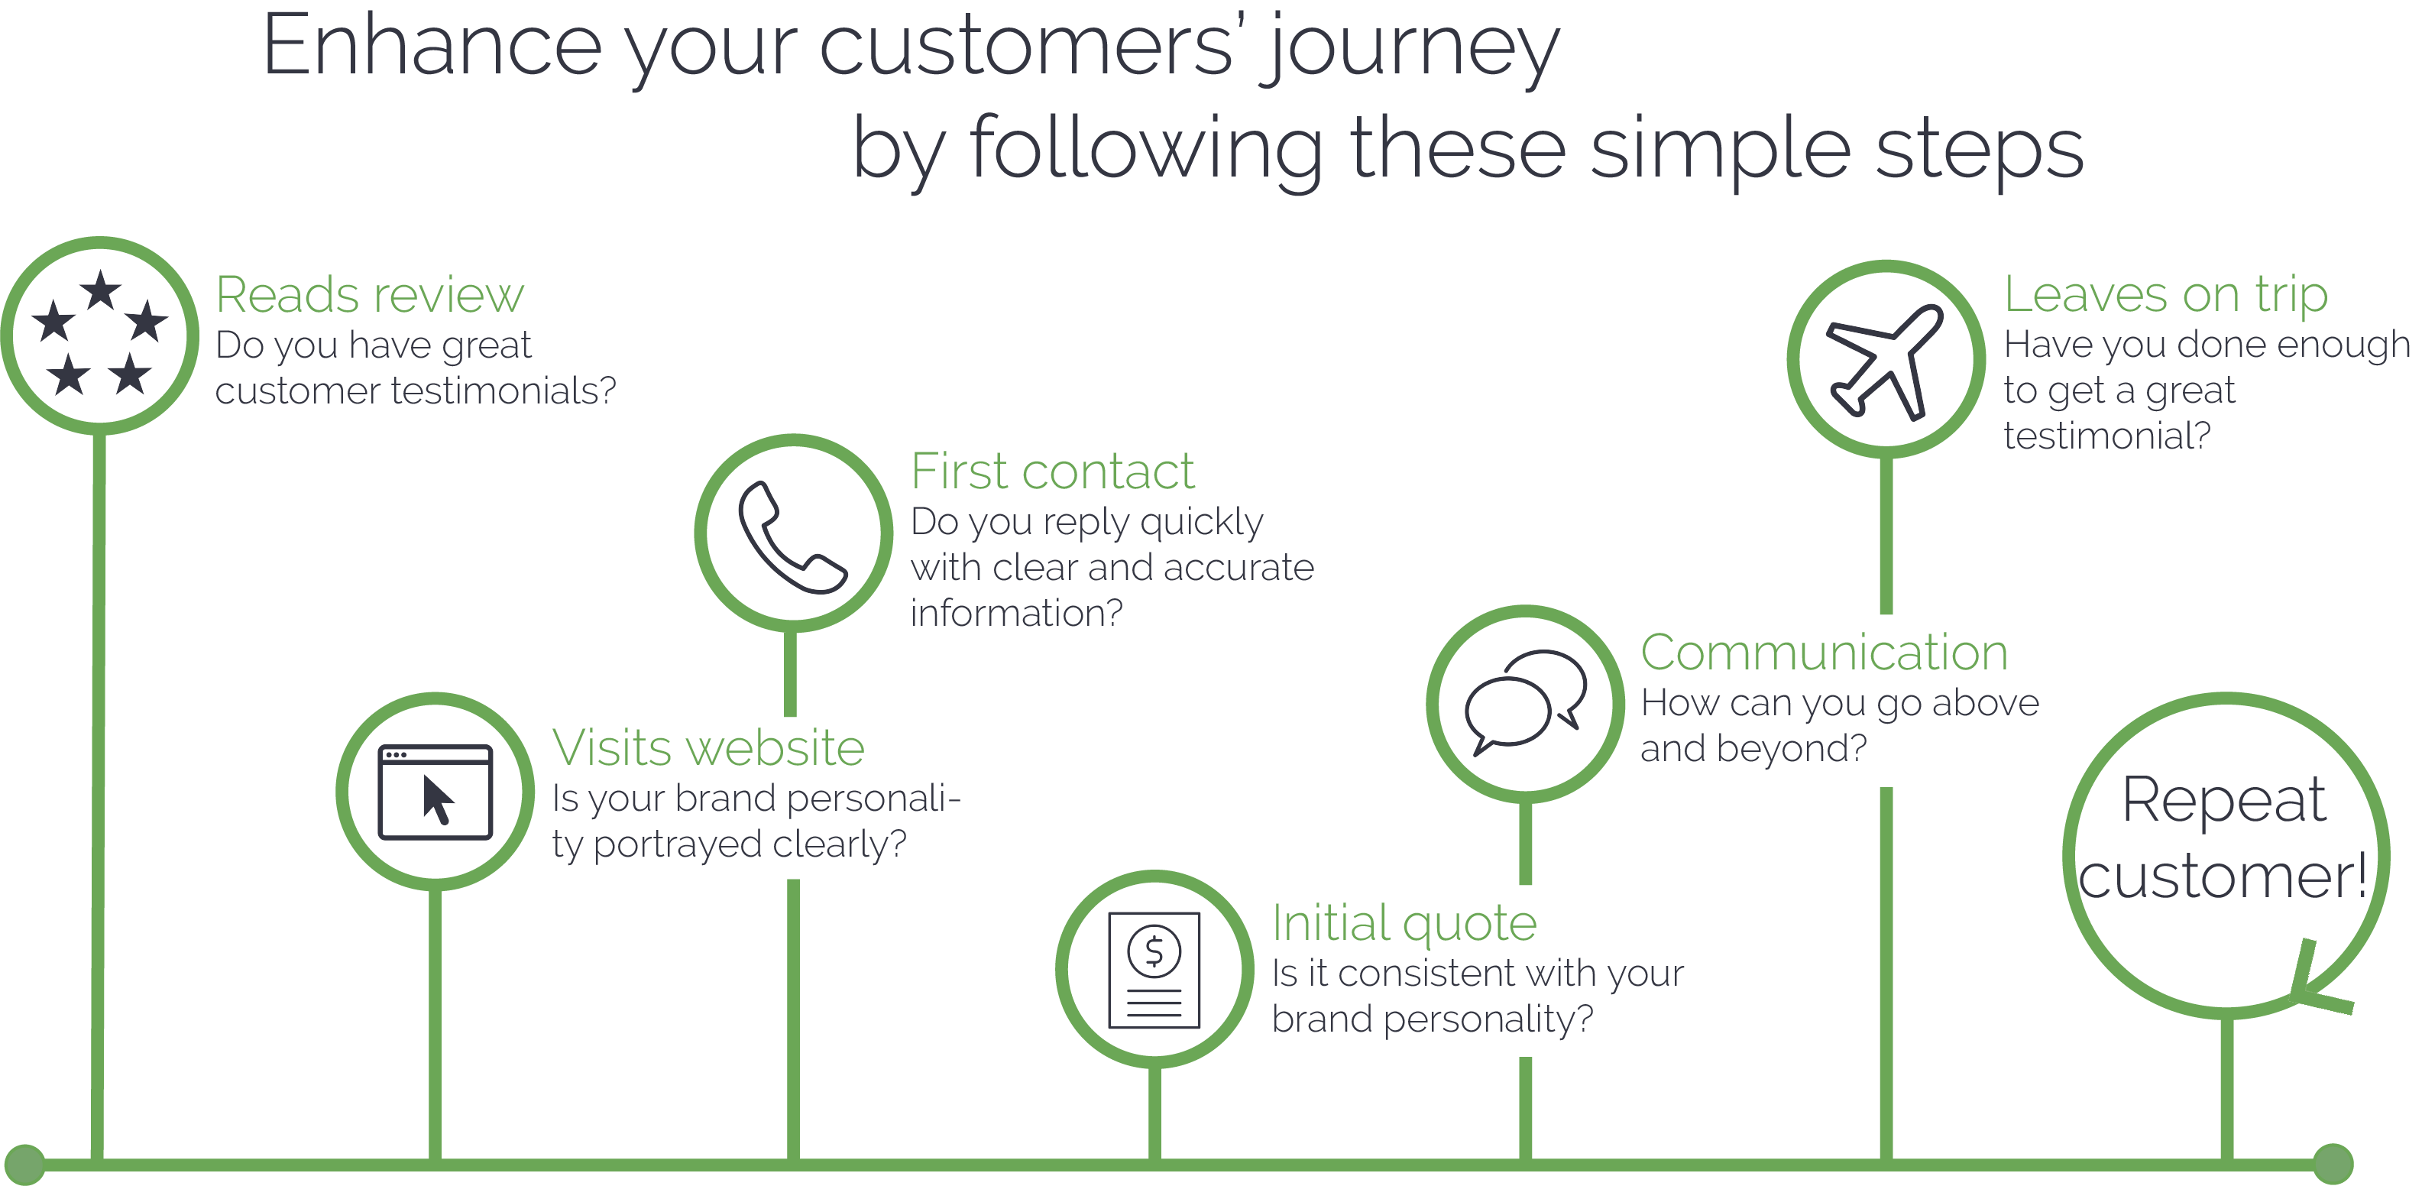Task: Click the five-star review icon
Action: point(99,335)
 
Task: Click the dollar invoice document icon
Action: point(1154,970)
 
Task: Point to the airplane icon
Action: point(1885,360)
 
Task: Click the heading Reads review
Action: point(370,294)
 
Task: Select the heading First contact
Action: point(1052,471)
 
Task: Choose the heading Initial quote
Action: point(1404,924)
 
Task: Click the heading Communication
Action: point(1824,653)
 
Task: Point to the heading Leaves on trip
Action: point(2165,294)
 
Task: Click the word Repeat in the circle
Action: point(2223,800)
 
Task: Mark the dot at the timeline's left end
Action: point(24,1165)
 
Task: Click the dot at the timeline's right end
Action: point(2333,1165)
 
